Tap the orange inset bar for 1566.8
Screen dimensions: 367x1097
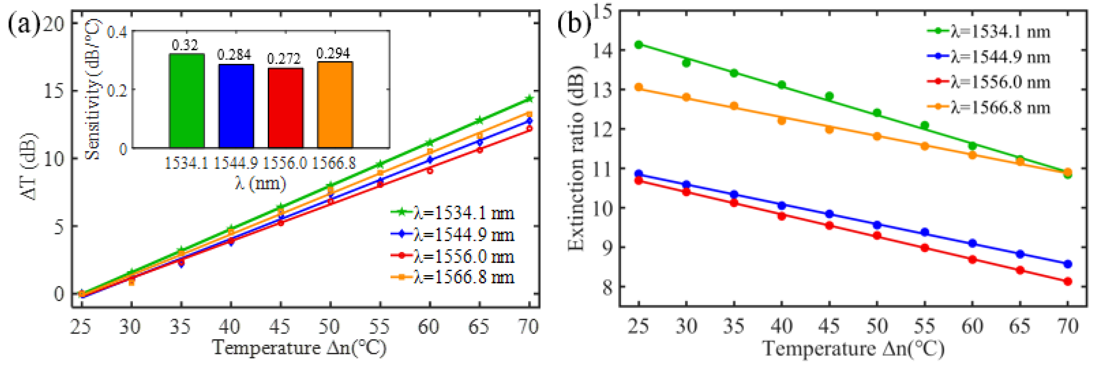(335, 105)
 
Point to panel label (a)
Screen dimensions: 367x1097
(23, 25)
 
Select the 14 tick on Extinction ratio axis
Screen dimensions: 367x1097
(603, 50)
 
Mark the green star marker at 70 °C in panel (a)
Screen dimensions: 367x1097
(529, 99)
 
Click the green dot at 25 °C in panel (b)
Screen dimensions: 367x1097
(638, 45)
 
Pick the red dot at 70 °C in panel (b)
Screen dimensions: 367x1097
(1068, 281)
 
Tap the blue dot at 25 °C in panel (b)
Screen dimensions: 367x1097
(638, 174)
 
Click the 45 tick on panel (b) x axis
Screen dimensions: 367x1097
(829, 327)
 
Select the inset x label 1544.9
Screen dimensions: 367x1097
(235, 163)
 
